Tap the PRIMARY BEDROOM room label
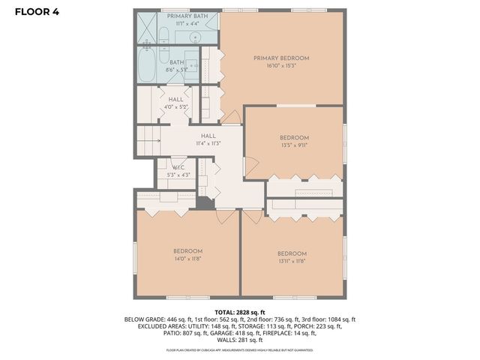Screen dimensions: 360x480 coord(281,58)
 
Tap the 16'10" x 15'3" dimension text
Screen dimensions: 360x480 coord(281,66)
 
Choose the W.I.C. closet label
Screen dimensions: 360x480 coord(178,167)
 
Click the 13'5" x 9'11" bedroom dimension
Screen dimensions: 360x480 coord(294,145)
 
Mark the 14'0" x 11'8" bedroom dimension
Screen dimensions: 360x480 coord(187,259)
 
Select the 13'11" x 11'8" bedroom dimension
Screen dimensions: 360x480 coord(291,261)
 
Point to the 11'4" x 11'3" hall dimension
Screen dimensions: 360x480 coord(208,143)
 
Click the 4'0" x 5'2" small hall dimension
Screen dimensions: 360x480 coord(176,107)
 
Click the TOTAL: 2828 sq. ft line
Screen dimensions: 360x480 coord(240,311)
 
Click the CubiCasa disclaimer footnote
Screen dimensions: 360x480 coord(240,349)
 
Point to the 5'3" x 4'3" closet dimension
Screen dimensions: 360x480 coord(178,175)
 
